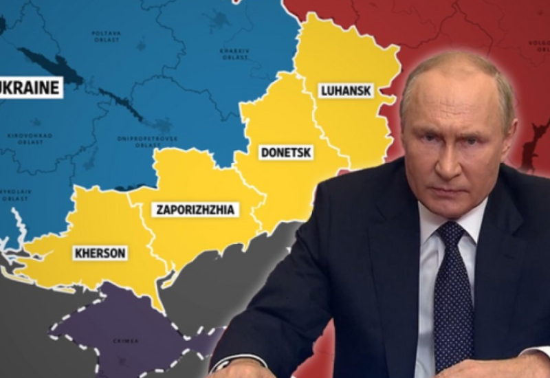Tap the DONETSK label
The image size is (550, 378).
287,152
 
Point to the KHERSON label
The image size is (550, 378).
100,253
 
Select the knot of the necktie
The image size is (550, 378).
451,235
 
